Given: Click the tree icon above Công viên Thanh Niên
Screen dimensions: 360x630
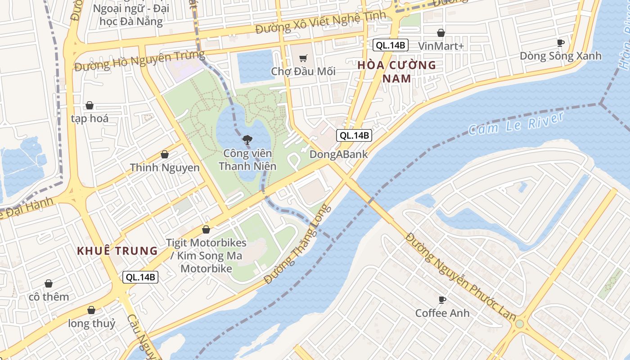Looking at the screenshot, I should point(247,140).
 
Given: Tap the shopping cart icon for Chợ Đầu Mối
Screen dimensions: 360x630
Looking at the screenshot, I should point(303,58).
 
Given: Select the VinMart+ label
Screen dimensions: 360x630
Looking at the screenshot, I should point(441,46).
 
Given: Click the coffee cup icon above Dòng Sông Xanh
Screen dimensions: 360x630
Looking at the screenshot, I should point(560,43).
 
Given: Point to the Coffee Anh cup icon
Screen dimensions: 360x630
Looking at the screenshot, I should point(442,300).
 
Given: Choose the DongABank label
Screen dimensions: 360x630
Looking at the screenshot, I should point(338,154).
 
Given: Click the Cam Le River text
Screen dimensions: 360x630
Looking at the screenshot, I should point(516,123).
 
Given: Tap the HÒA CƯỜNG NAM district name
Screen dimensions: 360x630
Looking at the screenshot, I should point(396,72).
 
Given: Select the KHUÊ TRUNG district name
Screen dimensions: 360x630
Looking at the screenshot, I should point(117,251).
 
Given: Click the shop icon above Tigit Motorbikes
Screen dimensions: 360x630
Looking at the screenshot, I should point(206,229).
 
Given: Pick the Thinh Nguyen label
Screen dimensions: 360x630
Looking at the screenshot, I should point(165,168).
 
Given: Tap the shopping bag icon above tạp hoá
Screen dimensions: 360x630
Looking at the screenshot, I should point(90,106).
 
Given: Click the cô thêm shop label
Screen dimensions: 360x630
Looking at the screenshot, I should point(49,297).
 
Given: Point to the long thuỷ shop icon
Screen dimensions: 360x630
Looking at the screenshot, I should point(91,310).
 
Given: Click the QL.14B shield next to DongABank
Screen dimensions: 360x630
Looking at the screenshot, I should point(354,135).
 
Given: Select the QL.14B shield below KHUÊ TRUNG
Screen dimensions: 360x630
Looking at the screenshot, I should point(140,277).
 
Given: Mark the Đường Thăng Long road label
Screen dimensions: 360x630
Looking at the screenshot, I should point(297,244).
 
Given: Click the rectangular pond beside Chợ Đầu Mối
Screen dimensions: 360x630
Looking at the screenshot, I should point(256,67).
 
